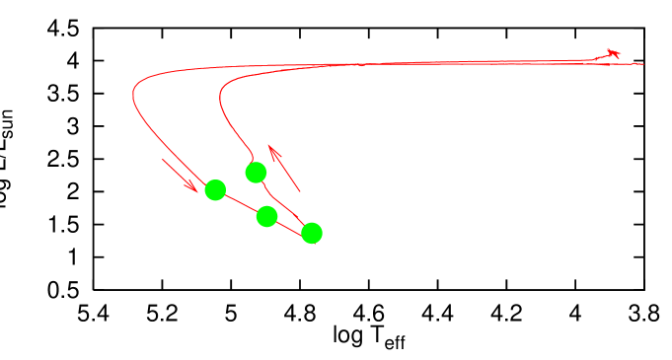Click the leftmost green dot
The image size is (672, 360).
(215, 189)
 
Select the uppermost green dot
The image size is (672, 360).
(256, 173)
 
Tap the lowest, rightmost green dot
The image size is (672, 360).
(312, 233)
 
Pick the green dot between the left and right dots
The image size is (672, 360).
(266, 216)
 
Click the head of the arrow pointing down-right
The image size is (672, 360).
(195, 191)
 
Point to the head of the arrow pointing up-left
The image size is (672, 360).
(270, 147)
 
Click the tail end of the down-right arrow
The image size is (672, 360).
(163, 159)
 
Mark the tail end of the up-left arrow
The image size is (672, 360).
(299, 191)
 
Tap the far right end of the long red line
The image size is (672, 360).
(642, 64)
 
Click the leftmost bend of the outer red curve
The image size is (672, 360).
(133, 96)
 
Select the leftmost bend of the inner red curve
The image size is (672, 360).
(219, 98)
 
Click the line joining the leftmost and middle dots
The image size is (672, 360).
(241, 203)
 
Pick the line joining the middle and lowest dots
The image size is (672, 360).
(289, 225)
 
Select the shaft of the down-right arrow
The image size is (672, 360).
(178, 174)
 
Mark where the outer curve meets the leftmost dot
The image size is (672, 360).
(206, 181)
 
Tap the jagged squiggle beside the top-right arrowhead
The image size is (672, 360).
(599, 58)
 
